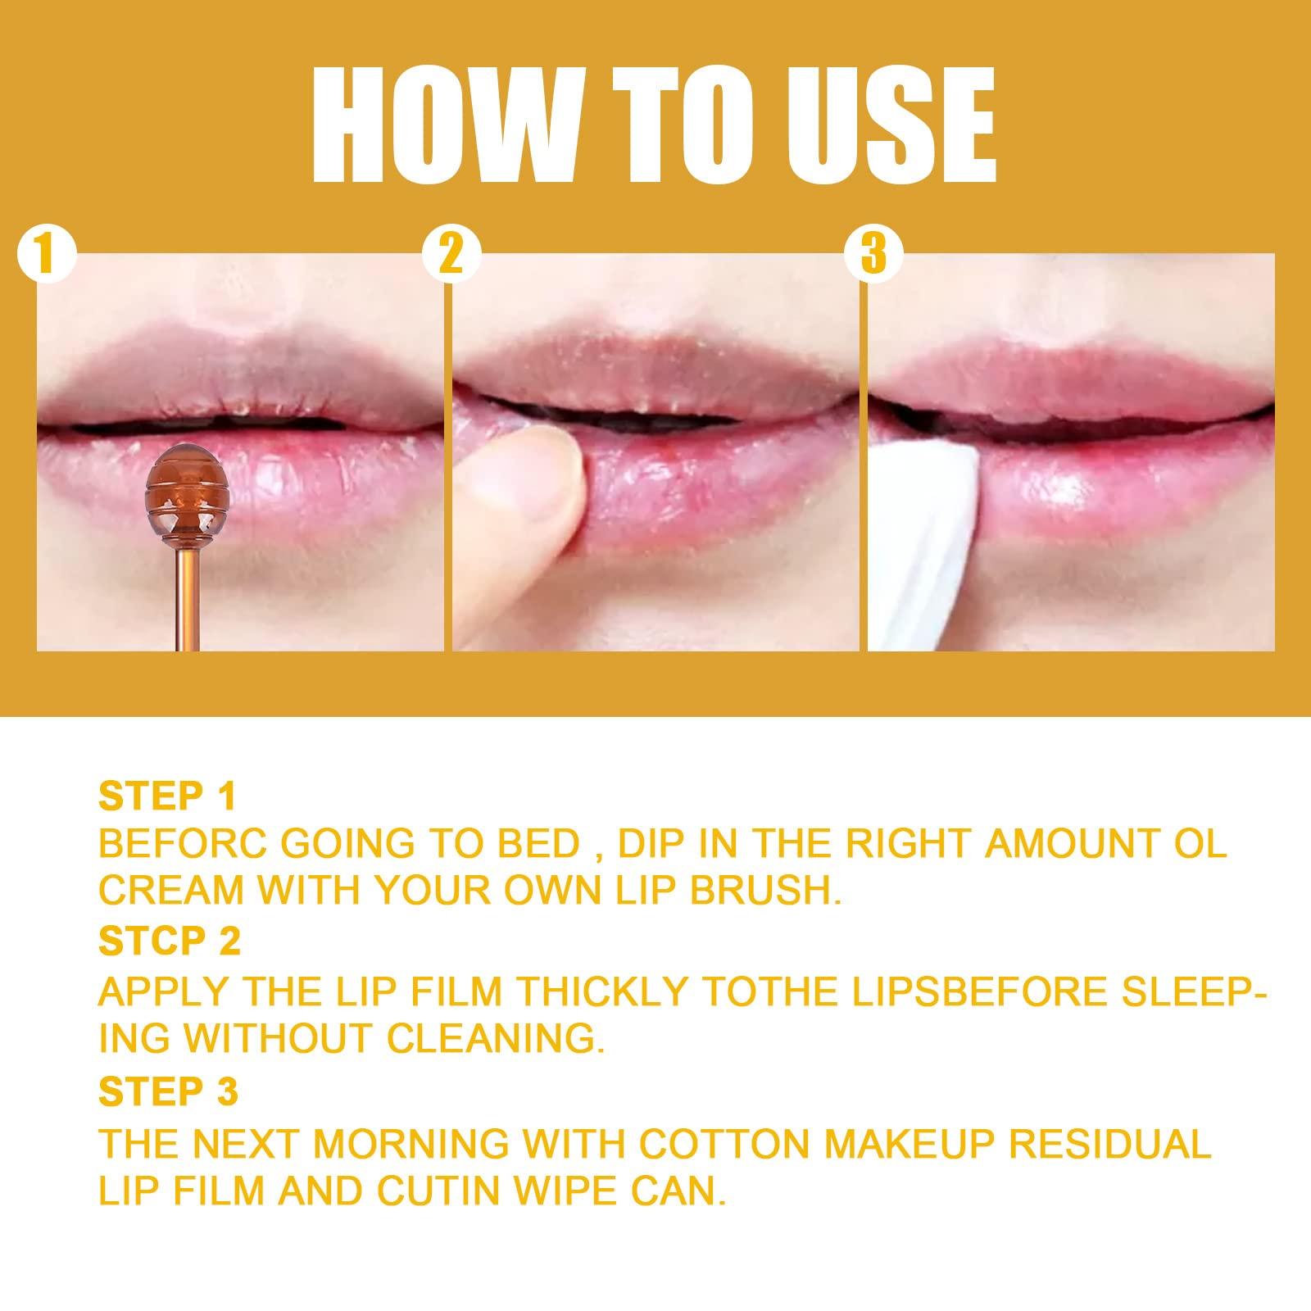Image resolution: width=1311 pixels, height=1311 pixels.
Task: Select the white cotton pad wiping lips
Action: [926, 541]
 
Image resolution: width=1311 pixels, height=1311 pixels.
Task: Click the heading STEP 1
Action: [167, 796]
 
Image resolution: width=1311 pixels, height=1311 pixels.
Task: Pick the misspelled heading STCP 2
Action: [170, 941]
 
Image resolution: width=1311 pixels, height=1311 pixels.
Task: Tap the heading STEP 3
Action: [168, 1091]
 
